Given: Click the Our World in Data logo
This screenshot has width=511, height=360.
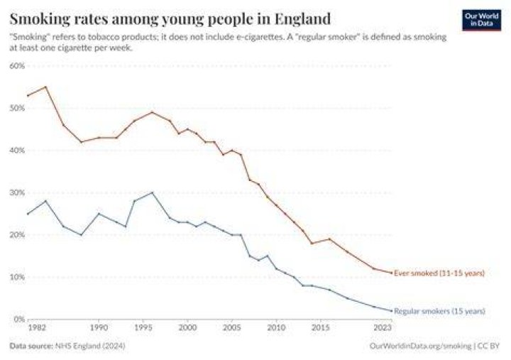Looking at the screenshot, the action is point(481,20).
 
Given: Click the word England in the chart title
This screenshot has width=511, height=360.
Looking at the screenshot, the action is point(302,18).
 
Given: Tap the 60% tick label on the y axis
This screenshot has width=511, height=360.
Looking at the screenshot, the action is point(17,66).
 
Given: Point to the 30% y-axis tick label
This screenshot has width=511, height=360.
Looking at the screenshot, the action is point(17,192).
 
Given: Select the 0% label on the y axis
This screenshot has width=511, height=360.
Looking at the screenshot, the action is point(20,319).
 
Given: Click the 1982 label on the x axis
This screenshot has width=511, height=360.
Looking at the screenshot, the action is point(37,327).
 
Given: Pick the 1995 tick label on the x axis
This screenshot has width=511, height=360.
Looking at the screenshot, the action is point(143,327).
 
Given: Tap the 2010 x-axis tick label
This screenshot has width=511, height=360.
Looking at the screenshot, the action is point(276,327).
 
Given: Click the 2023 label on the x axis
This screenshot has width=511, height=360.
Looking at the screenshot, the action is point(383,327).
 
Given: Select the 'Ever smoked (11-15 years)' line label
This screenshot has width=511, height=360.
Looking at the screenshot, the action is point(439,273).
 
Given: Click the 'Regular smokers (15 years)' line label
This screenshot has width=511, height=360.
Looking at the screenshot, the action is point(439,311).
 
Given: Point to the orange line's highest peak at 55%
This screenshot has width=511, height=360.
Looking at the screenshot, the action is point(45,87).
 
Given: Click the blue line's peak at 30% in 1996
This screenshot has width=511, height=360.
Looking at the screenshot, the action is point(152,192).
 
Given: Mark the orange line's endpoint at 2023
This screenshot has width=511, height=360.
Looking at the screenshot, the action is point(391,273).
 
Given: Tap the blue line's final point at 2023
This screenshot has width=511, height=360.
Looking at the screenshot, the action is point(391,311).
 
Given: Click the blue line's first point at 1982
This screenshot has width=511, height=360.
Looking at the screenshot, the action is point(28,214).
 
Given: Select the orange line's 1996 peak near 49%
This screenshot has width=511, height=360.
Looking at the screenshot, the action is point(152,112).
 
